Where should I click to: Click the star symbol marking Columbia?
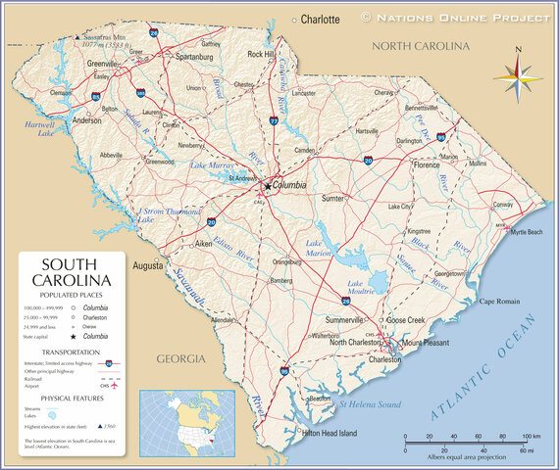(x=267, y=185)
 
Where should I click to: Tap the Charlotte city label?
(x=320, y=19)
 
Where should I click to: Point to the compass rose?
(x=516, y=75)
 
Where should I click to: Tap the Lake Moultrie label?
(x=362, y=288)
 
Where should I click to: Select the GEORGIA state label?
(x=181, y=358)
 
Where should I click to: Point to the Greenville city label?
(x=101, y=63)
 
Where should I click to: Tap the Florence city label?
(x=428, y=164)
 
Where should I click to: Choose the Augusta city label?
(x=148, y=264)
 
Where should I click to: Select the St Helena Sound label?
(x=371, y=403)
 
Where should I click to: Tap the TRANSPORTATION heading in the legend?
(x=70, y=352)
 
